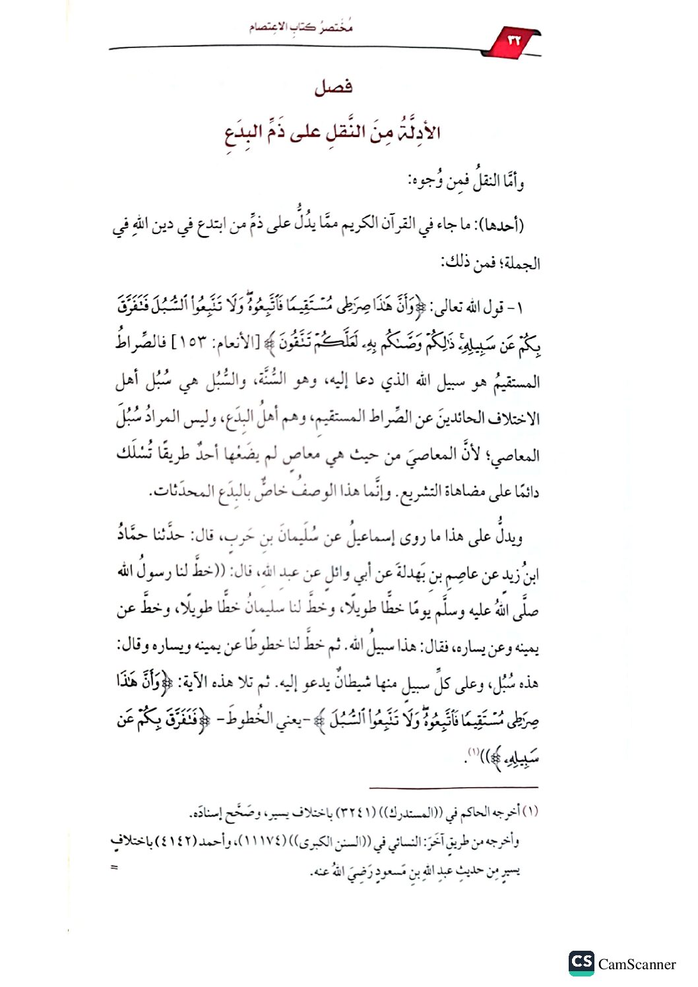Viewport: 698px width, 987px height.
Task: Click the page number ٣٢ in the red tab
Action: click(x=514, y=40)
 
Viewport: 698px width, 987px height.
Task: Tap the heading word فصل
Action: click(x=333, y=87)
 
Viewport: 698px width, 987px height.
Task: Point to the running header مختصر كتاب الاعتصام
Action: click(x=301, y=27)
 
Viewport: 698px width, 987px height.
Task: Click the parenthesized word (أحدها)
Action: click(x=501, y=225)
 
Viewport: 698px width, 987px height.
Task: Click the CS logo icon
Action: click(x=581, y=963)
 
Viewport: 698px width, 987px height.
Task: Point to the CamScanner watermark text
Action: click(x=637, y=965)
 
